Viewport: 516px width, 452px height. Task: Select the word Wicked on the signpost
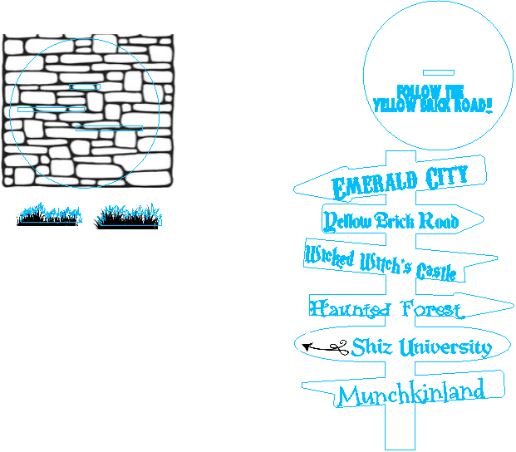(x=330, y=257)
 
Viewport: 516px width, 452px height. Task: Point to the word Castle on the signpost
(x=436, y=271)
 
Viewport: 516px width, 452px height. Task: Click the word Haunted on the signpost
(x=350, y=310)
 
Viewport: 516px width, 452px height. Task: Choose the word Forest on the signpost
(x=430, y=310)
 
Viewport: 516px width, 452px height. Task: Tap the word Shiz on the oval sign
(x=371, y=346)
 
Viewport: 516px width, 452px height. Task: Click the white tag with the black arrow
(x=323, y=346)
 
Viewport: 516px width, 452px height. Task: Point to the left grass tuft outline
(x=51, y=214)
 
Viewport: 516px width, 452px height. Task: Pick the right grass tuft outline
(x=130, y=216)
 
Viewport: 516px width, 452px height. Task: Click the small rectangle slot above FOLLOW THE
(x=438, y=72)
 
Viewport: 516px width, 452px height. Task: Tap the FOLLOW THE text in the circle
(x=430, y=91)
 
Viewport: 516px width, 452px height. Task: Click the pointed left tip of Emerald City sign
(x=296, y=190)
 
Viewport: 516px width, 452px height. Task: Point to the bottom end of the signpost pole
(x=400, y=447)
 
